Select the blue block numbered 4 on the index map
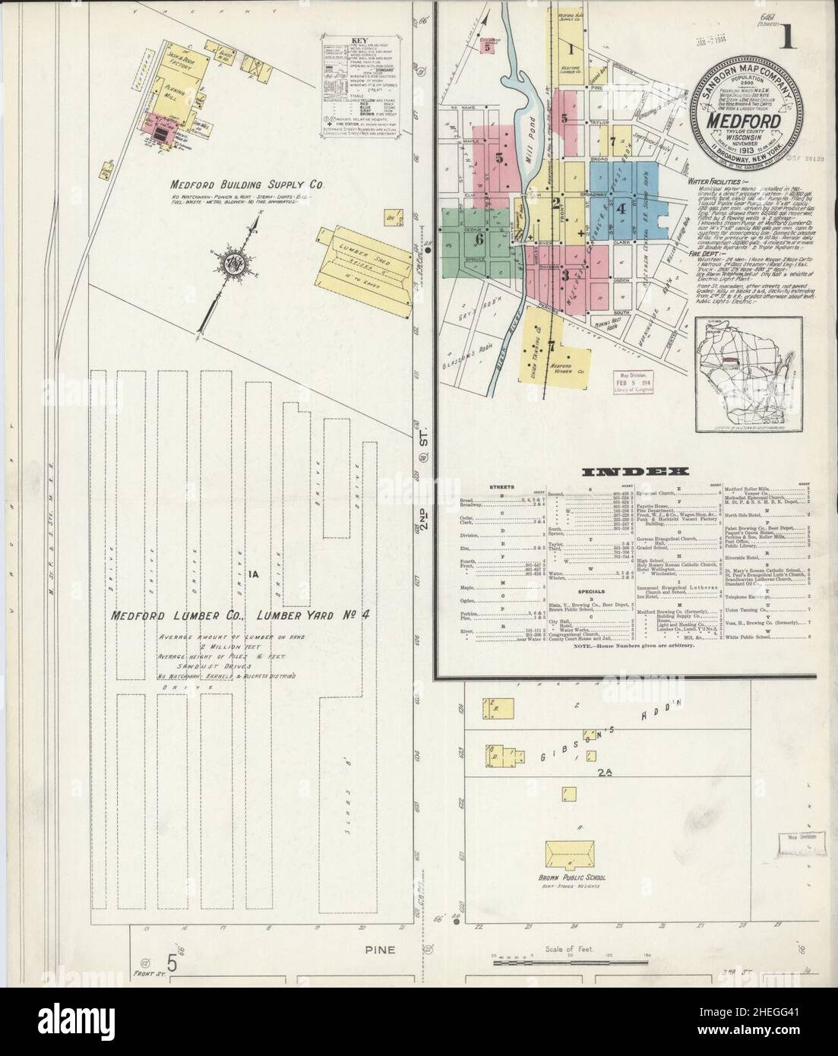pos(621,206)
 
